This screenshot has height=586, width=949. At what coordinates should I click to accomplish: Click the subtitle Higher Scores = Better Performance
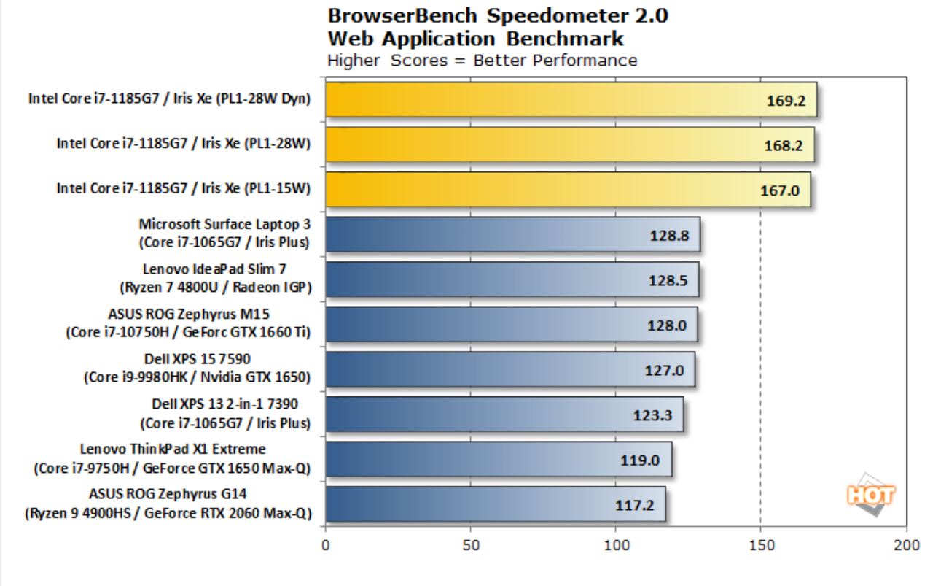pyautogui.click(x=482, y=60)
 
